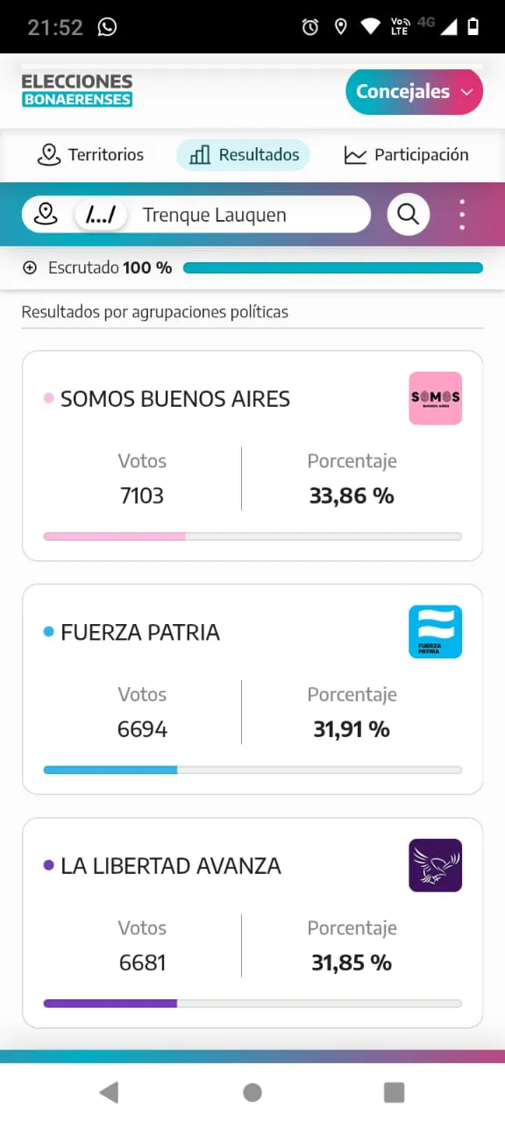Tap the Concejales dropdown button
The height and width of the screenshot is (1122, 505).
pyautogui.click(x=414, y=92)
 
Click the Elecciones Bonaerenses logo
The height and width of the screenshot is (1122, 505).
pyautogui.click(x=77, y=90)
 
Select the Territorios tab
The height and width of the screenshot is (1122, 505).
pyautogui.click(x=90, y=155)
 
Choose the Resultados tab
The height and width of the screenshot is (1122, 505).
pyautogui.click(x=244, y=155)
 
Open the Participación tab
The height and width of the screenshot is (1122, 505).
pyautogui.click(x=407, y=155)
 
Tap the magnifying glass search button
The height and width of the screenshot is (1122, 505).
pyautogui.click(x=408, y=214)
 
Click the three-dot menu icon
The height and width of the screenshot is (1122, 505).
pyautogui.click(x=462, y=215)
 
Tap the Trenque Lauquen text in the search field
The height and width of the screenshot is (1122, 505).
pyautogui.click(x=214, y=215)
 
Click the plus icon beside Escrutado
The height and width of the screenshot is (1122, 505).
pyautogui.click(x=30, y=268)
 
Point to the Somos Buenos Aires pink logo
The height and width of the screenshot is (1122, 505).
pyautogui.click(x=435, y=398)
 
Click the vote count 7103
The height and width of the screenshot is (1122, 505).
pyautogui.click(x=142, y=496)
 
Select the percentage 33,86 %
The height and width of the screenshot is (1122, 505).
pyautogui.click(x=352, y=496)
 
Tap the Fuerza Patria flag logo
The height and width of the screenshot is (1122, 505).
pyautogui.click(x=435, y=631)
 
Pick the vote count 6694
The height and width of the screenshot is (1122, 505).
pyautogui.click(x=142, y=729)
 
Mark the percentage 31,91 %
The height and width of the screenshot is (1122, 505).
pyautogui.click(x=352, y=729)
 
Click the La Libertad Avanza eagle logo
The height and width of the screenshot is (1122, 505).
pyautogui.click(x=435, y=865)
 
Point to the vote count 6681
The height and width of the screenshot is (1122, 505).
pyautogui.click(x=142, y=962)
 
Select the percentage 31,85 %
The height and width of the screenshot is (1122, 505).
pyautogui.click(x=352, y=962)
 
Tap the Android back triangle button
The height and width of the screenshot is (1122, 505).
pyautogui.click(x=109, y=1091)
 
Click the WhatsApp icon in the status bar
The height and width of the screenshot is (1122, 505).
pyautogui.click(x=107, y=27)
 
